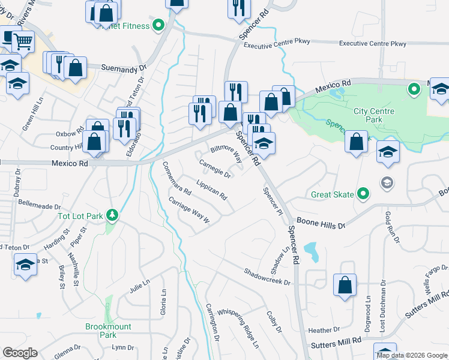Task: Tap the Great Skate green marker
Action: (363, 194)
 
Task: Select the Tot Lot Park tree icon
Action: (111, 215)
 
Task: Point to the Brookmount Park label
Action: (100, 331)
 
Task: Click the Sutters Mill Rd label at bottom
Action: (336, 343)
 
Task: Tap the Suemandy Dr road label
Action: (124, 68)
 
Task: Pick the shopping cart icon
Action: (23, 42)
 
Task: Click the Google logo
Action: (20, 352)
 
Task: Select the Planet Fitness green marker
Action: (158, 25)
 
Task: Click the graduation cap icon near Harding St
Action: (25, 264)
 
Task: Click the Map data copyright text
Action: (412, 355)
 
